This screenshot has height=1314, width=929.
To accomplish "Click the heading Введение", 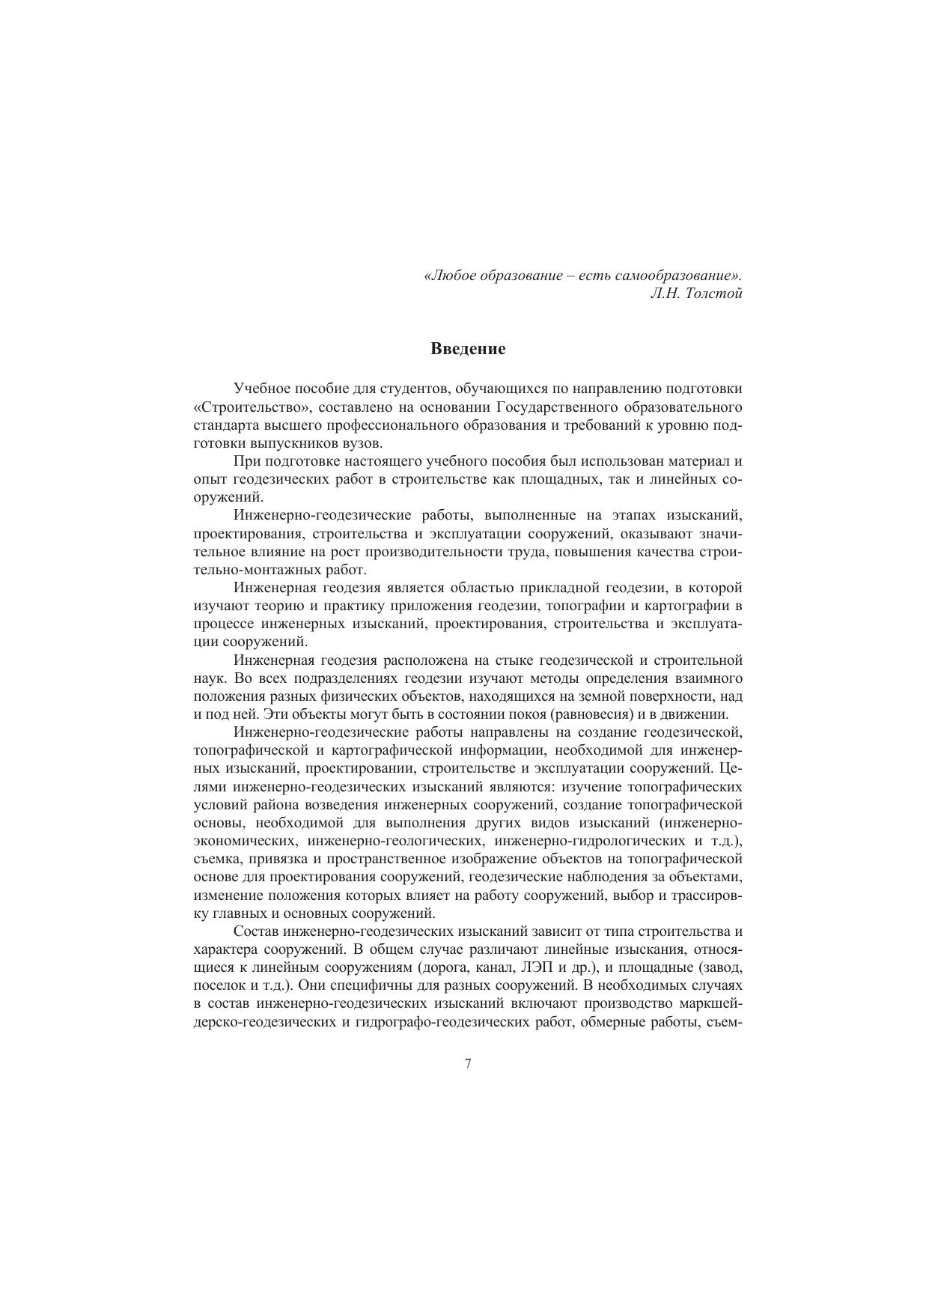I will tap(468, 349).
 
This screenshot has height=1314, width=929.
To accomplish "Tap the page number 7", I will tap(468, 1064).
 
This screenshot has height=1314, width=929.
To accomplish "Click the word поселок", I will tap(218, 986).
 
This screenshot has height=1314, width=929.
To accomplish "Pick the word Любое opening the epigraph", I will tap(453, 276).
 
